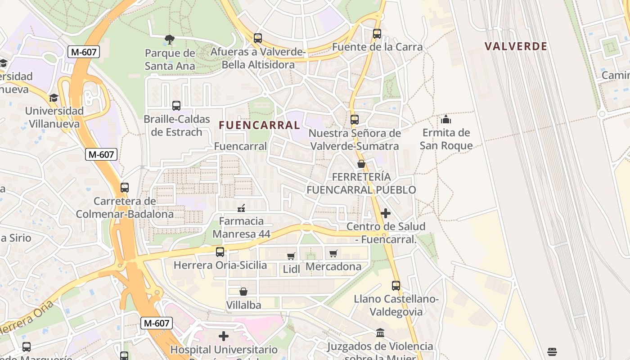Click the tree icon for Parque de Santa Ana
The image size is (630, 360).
coord(169,40)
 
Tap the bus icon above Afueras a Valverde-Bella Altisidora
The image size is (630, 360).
coord(257,38)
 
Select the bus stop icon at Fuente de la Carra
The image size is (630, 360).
coord(377,34)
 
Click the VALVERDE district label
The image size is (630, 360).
coord(516,46)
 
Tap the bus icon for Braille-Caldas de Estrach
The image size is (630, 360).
coord(176,106)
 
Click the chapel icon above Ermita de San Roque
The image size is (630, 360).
coord(446,119)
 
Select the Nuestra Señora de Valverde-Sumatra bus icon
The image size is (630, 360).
coord(355,120)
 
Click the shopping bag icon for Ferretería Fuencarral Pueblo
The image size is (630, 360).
coord(361,164)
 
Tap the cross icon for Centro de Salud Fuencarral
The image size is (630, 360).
coord(386,213)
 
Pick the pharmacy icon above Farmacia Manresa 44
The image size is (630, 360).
coord(241,208)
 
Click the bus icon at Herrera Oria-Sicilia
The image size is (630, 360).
coord(220,252)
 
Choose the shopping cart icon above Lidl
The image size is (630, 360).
coord(291,256)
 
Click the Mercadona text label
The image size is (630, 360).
coord(333,267)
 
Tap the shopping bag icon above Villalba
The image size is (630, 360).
coord(243,292)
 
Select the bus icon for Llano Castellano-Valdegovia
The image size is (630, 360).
coord(396,286)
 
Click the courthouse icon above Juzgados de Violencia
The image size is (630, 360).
coord(380,333)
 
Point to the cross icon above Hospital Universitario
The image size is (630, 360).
coord(224,336)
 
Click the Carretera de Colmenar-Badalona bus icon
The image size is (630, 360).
coord(125,188)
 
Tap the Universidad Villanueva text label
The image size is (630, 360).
coord(54,117)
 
